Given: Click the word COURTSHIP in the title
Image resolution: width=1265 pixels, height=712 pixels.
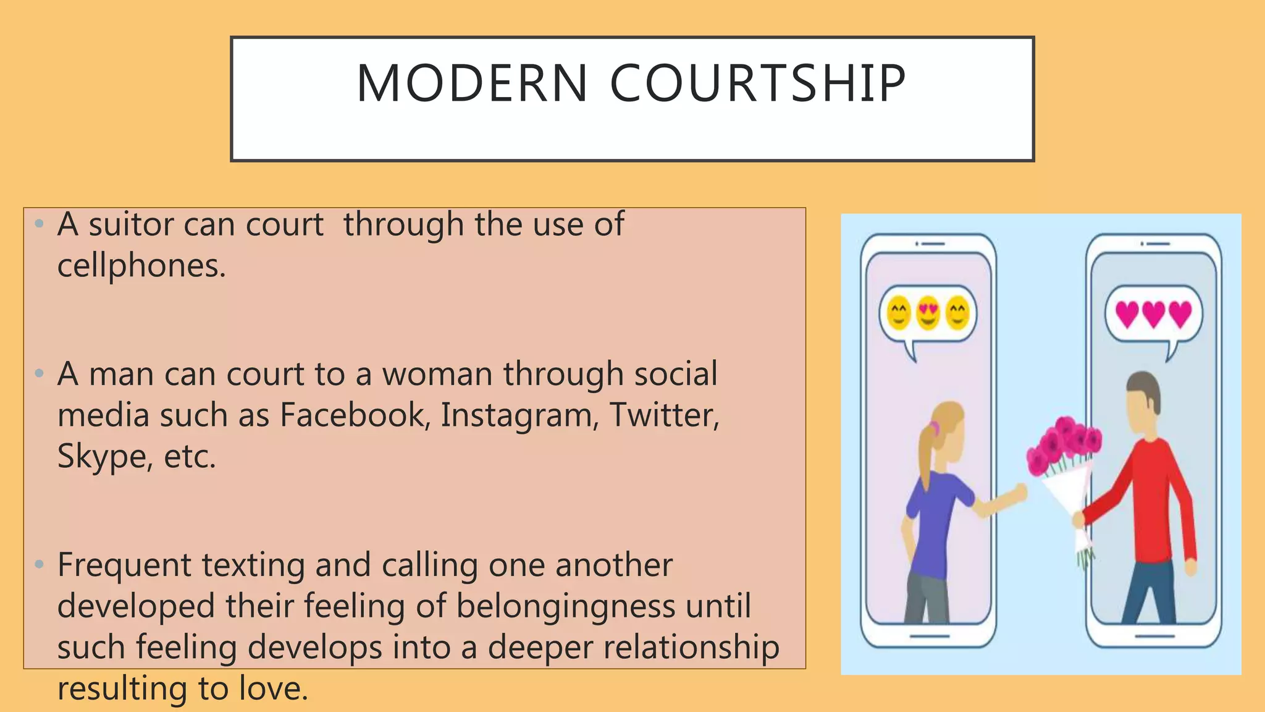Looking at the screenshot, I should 758,83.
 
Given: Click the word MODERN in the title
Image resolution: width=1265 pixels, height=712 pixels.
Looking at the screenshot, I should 473,83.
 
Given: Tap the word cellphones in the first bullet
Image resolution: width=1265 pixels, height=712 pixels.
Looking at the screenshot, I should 141,266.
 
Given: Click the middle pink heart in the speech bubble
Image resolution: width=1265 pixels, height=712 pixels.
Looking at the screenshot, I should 1153,314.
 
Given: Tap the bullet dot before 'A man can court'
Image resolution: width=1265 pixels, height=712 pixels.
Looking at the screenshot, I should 40,373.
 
